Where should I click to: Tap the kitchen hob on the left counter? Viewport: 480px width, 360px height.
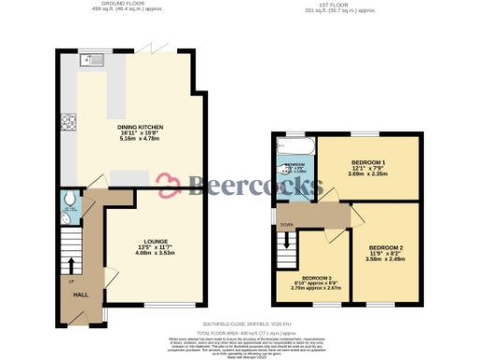pos(67,121)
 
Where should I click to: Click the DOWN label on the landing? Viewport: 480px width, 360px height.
pos(286,225)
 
